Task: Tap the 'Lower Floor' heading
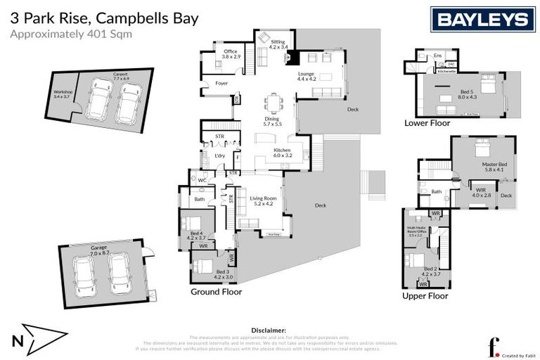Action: click(427, 122)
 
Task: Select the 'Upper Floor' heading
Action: click(425, 296)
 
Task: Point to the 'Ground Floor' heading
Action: click(216, 291)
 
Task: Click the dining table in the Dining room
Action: click(274, 103)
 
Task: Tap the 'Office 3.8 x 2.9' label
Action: click(231, 53)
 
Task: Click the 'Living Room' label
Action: click(261, 200)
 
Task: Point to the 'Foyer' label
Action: click(221, 83)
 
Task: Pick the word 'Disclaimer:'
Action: click(269, 329)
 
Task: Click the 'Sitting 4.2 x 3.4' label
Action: click(278, 44)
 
